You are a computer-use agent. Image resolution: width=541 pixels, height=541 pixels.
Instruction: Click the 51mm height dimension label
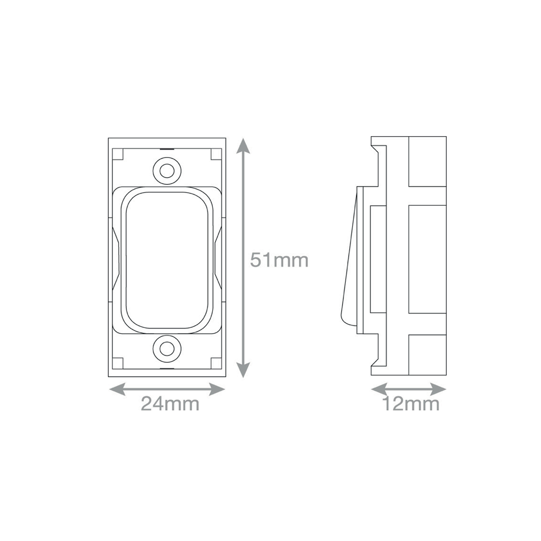point(279,260)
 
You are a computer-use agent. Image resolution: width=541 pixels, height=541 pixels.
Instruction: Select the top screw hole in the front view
point(167,171)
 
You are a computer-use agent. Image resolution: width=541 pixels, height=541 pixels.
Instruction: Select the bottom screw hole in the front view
point(167,349)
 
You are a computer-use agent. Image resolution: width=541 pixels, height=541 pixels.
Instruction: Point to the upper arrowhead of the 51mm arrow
point(243,146)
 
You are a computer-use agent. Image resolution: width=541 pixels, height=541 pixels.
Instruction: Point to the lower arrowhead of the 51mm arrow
point(243,369)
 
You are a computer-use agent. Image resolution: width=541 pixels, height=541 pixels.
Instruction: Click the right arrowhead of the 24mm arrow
point(217,390)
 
